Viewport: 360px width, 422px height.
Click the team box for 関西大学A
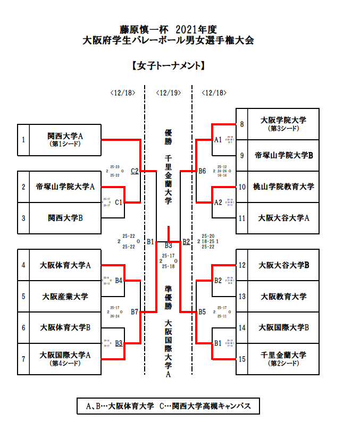click(65, 139)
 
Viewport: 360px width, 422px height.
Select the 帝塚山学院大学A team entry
click(65, 187)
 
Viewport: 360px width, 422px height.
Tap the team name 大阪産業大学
click(65, 296)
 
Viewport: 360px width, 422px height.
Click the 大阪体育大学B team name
click(65, 327)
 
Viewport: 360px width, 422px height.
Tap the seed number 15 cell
click(242, 359)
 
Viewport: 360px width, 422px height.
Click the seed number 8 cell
click(242, 124)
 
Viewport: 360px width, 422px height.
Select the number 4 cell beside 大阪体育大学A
click(23, 265)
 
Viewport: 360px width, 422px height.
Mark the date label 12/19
click(168, 93)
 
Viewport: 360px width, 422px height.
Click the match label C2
click(135, 171)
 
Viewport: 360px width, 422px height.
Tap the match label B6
click(202, 171)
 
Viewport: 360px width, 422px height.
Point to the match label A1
click(218, 140)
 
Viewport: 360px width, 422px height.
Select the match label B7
click(135, 311)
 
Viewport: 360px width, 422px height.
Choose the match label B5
click(202, 311)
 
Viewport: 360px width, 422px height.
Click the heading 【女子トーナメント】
click(168, 66)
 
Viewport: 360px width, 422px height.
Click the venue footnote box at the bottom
click(168, 407)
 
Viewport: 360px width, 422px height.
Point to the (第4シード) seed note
click(64, 364)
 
